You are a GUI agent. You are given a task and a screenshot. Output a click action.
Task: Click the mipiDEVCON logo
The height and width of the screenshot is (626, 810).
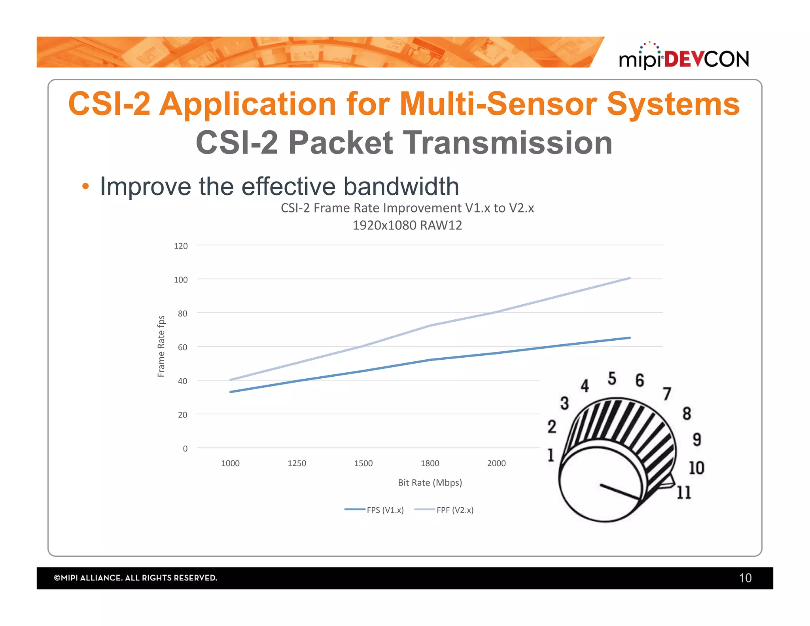683,58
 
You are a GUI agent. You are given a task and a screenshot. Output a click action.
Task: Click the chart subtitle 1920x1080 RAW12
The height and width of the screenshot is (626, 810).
407,225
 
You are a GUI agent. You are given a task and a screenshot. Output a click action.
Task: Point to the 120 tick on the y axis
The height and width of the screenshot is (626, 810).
181,246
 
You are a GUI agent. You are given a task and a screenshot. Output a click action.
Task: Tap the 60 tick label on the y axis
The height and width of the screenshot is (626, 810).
182,347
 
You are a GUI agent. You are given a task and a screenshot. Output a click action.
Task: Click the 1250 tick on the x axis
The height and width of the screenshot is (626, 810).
297,463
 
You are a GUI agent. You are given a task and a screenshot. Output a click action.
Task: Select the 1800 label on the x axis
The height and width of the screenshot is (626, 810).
430,463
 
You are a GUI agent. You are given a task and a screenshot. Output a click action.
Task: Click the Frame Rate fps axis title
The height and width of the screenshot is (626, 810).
161,346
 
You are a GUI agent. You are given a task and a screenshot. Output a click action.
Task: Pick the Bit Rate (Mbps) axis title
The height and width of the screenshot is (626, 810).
430,482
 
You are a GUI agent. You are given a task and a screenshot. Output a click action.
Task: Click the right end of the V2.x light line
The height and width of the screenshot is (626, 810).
629,278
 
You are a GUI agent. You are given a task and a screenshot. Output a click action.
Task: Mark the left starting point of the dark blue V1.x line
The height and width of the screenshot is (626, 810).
231,392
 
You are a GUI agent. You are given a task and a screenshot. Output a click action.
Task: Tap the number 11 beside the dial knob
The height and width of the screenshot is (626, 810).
683,492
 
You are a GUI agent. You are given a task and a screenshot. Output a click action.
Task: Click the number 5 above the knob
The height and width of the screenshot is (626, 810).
612,378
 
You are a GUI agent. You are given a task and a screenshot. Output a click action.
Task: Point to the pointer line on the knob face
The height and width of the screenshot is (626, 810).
619,492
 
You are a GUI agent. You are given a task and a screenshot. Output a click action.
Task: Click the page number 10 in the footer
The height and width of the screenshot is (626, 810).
745,578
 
